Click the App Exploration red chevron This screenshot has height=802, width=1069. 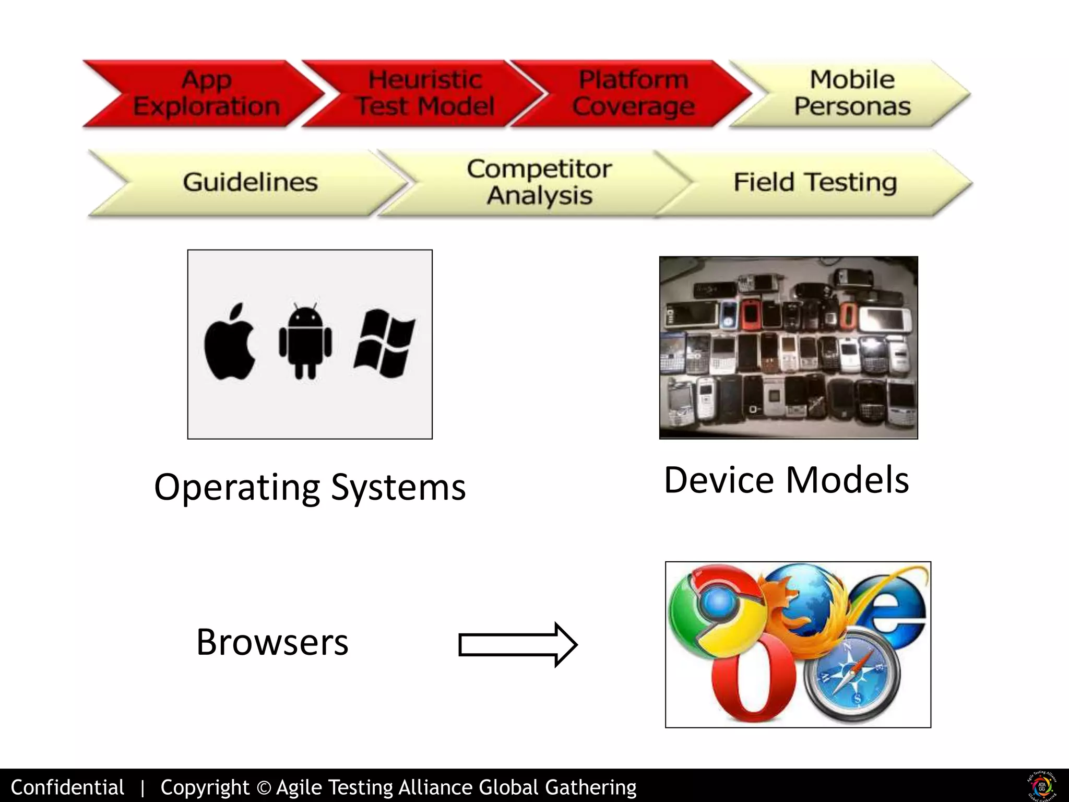coord(206,94)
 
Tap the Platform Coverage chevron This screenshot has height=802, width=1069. coord(633,94)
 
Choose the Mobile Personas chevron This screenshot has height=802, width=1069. coord(852,94)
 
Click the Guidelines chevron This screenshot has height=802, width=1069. coord(250,182)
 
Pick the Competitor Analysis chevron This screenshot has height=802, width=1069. coord(539,182)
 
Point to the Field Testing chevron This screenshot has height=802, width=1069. coord(815,182)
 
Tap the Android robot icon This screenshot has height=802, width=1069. coord(305,342)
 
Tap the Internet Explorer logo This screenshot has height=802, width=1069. coord(887,611)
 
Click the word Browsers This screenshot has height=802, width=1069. coord(272,642)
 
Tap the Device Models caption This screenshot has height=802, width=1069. coord(786,480)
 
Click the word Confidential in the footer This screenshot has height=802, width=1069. coord(67,787)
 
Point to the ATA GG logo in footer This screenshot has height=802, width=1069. coord(1042,785)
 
